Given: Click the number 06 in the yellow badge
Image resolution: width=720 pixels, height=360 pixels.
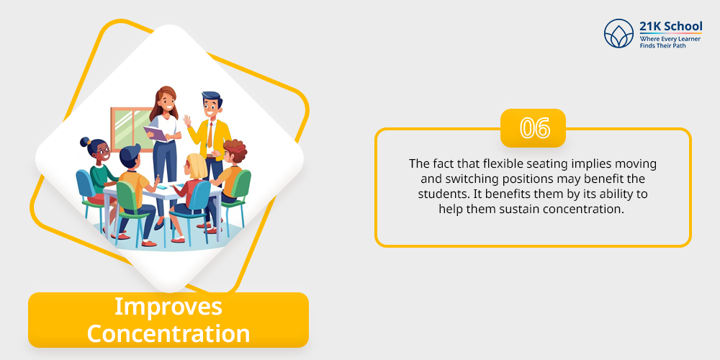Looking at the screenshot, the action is tap(534, 128).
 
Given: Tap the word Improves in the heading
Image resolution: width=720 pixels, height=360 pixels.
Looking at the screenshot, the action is tap(168, 307).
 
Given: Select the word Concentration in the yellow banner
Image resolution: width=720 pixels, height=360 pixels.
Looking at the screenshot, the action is tap(168, 334).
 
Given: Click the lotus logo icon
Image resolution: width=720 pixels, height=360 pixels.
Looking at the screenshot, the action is tap(618, 34).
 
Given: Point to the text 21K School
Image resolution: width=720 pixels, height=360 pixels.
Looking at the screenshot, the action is tap(671, 26).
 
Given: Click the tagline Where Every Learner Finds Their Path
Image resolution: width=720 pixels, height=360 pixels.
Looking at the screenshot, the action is tap(670, 42).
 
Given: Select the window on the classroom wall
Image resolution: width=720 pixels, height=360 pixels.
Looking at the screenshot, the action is tap(131, 129).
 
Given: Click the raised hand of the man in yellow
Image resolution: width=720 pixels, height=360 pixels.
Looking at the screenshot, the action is tap(187, 121).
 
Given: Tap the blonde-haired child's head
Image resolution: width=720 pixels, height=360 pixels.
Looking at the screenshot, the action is tap(196, 166).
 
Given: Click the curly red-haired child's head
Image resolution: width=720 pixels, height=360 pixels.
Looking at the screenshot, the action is tap(234, 151).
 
